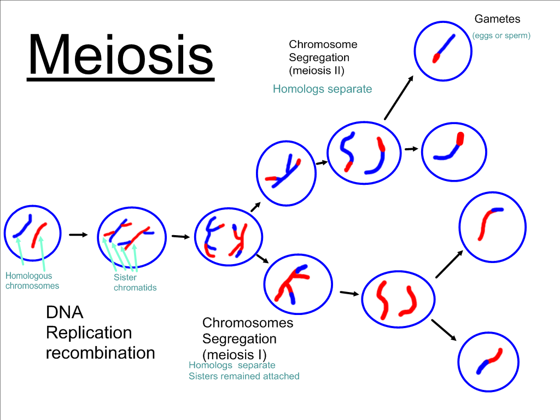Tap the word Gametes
pyautogui.click(x=497, y=19)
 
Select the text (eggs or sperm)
pyautogui.click(x=501, y=36)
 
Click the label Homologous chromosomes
pyautogui.click(x=32, y=281)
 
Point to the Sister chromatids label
pyautogui.click(x=135, y=283)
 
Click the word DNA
pyautogui.click(x=65, y=312)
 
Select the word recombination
pyautogui.click(x=101, y=353)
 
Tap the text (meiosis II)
pyautogui.click(x=317, y=71)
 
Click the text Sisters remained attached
pyautogui.click(x=244, y=376)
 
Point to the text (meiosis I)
pyautogui.click(x=234, y=354)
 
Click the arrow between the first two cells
pyautogui.click(x=78, y=235)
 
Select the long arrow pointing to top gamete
pyautogui.click(x=399, y=98)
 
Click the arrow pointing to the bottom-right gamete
pyautogui.click(x=444, y=330)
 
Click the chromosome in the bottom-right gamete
pyautogui.click(x=489, y=361)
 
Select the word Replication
pyautogui.click(x=89, y=332)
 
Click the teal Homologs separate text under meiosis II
pyautogui.click(x=322, y=89)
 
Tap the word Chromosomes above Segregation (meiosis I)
pyautogui.click(x=248, y=323)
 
